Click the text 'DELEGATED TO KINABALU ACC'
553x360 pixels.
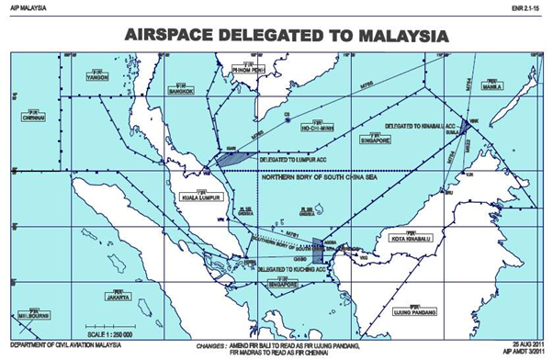[419, 123]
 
